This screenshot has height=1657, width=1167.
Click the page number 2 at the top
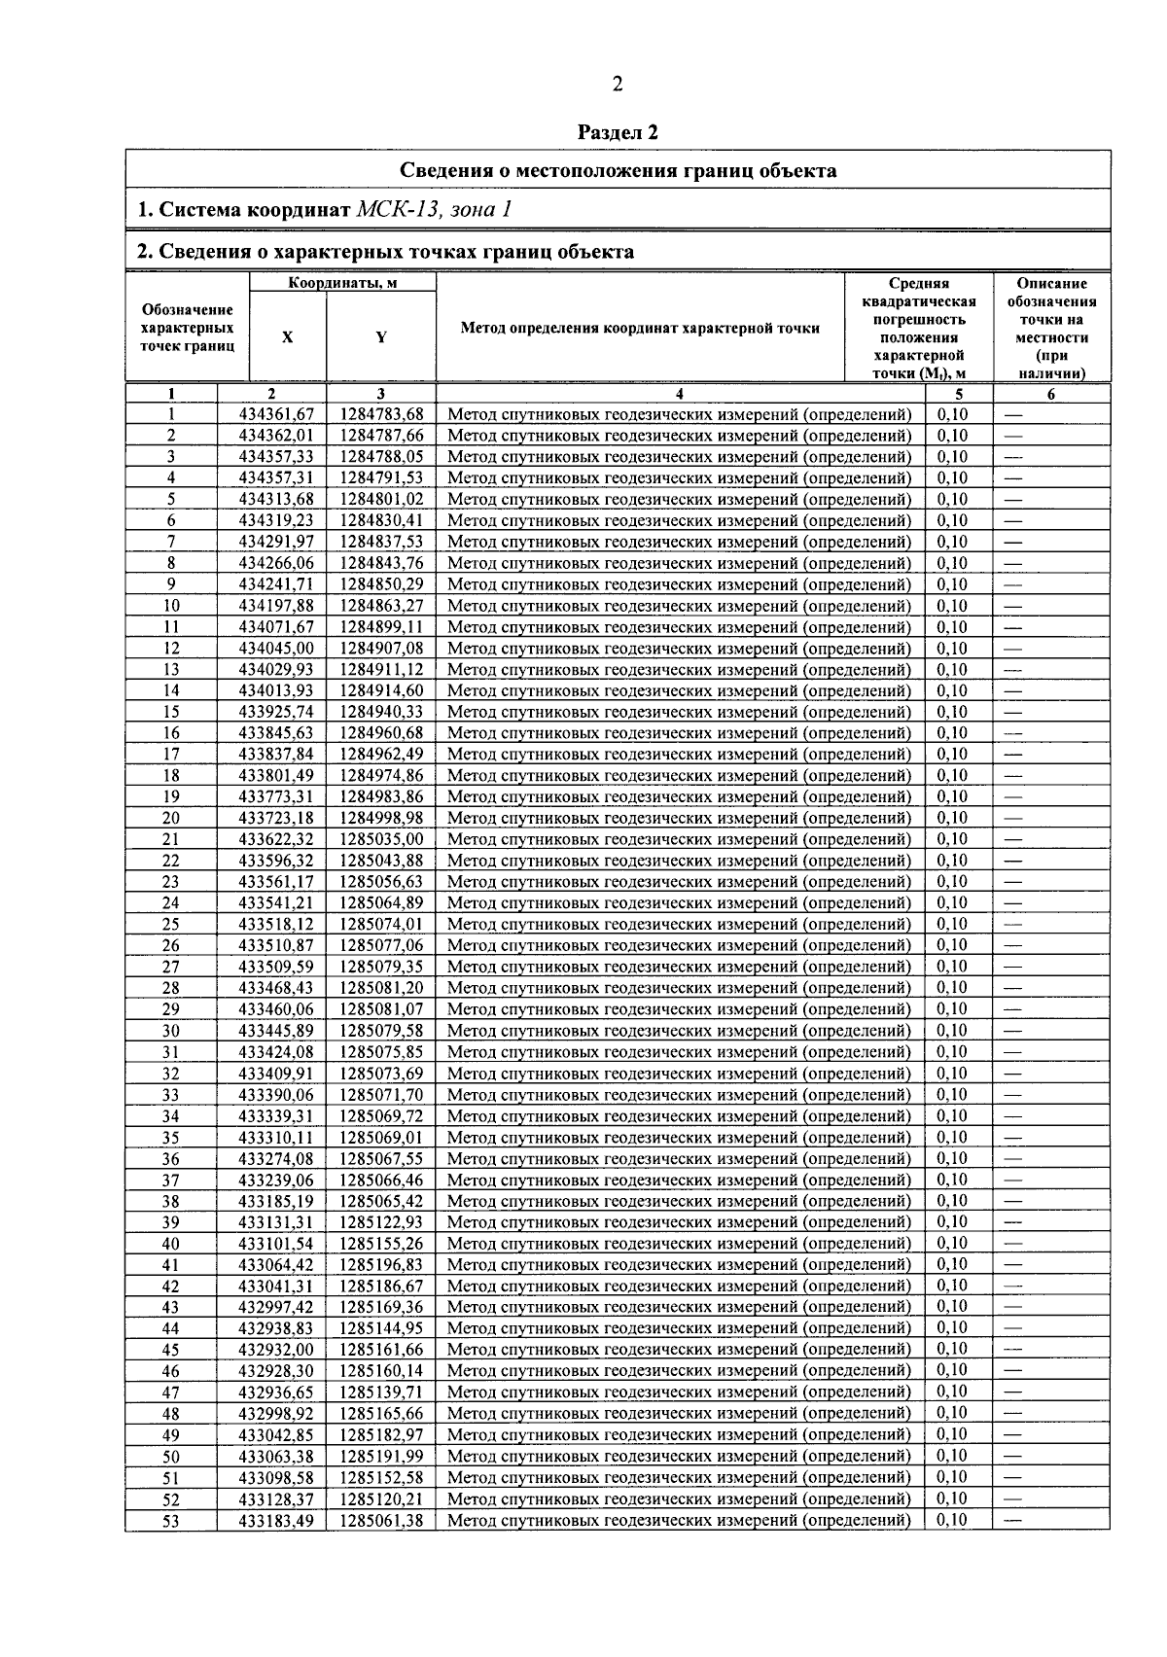point(617,85)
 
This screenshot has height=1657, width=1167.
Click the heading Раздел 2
point(618,132)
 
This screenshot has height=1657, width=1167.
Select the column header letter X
point(287,336)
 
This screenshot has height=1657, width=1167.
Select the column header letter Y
point(381,336)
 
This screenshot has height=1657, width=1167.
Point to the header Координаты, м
point(342,283)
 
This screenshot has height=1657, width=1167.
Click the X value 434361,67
point(276,414)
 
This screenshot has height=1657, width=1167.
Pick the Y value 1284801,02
point(381,500)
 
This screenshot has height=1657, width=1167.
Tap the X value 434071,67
point(276,627)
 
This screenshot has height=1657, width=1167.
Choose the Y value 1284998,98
point(381,819)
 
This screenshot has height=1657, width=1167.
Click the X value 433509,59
point(276,967)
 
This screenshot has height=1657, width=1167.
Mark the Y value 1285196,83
point(381,1264)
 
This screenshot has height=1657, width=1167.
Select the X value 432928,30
point(276,1370)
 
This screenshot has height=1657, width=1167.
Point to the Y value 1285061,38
point(381,1521)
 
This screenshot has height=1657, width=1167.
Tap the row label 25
point(171,925)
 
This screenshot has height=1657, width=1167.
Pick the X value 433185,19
point(276,1201)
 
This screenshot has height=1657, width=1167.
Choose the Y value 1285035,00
point(381,839)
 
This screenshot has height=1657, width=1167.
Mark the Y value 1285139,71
point(381,1392)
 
